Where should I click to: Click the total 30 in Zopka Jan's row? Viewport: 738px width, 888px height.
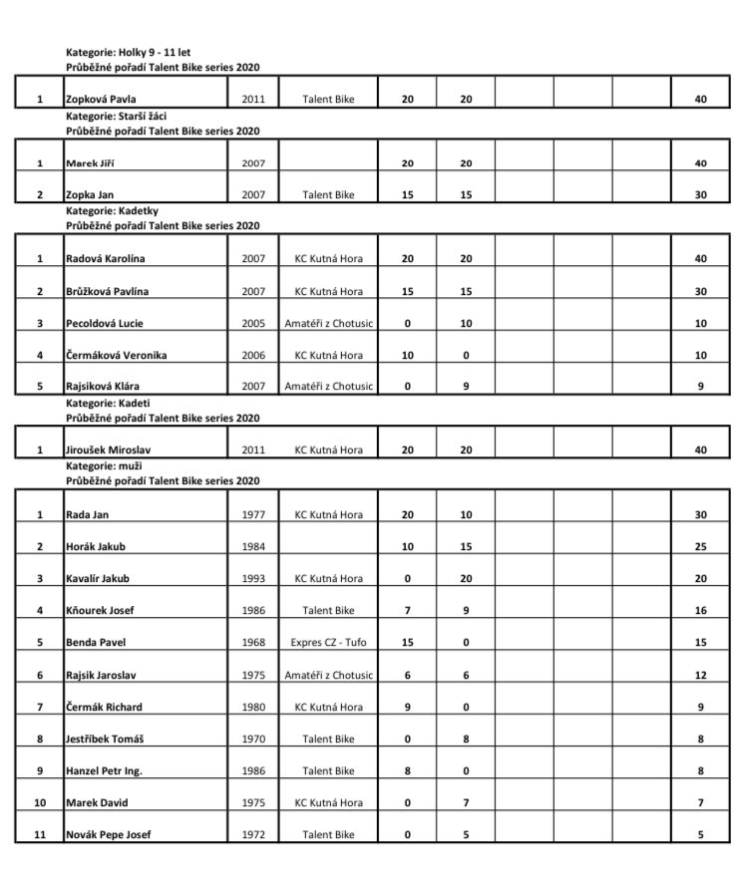pyautogui.click(x=700, y=195)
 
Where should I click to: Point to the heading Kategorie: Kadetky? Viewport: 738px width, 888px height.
pyautogui.click(x=112, y=210)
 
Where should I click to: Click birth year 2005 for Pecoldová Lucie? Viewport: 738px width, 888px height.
pyautogui.click(x=253, y=323)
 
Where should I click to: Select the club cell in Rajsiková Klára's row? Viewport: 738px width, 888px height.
pyautogui.click(x=328, y=387)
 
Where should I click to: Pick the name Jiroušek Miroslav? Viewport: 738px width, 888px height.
pyautogui.click(x=109, y=450)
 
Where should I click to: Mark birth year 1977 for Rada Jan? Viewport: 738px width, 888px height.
pyautogui.click(x=253, y=515)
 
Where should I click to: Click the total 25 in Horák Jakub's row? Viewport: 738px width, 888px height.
pyautogui.click(x=700, y=547)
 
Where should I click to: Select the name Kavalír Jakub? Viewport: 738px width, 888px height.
pyautogui.click(x=97, y=579)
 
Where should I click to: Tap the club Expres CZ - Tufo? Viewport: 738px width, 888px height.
pyautogui.click(x=328, y=643)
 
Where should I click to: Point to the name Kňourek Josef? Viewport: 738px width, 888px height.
pyautogui.click(x=100, y=611)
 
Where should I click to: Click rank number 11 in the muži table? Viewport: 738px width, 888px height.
pyautogui.click(x=39, y=835)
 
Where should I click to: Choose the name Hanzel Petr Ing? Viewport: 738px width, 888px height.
pyautogui.click(x=104, y=771)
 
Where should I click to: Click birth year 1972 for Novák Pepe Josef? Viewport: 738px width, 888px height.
pyautogui.click(x=253, y=835)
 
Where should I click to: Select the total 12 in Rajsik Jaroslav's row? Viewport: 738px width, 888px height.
pyautogui.click(x=700, y=675)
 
